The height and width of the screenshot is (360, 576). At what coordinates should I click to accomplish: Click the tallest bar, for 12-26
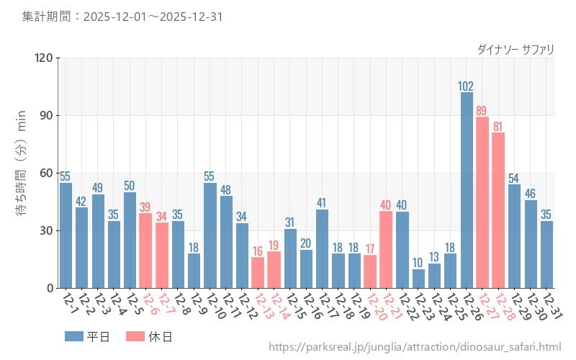tap(467, 190)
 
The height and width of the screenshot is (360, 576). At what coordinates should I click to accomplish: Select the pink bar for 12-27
tap(482, 202)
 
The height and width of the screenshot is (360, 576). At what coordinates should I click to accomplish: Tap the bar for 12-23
tap(418, 279)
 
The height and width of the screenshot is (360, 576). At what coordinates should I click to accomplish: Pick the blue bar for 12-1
tap(66, 235)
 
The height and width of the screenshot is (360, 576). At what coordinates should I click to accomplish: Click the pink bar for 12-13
tap(258, 273)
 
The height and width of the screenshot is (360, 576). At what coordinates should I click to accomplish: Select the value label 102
tap(467, 86)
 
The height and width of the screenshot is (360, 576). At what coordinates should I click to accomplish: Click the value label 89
tap(482, 111)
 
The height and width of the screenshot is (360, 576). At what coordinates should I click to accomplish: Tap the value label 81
tap(498, 127)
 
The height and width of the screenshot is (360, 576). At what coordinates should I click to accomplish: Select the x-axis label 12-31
tap(552, 307)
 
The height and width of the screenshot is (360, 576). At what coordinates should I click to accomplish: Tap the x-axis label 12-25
tap(455, 307)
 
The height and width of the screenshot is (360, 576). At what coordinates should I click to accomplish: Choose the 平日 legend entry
tap(86, 336)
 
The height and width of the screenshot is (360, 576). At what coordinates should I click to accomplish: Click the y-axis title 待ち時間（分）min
tap(21, 173)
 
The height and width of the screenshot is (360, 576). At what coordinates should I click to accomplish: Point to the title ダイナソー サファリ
tap(516, 49)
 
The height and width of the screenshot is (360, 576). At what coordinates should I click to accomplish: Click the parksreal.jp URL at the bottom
tap(415, 347)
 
